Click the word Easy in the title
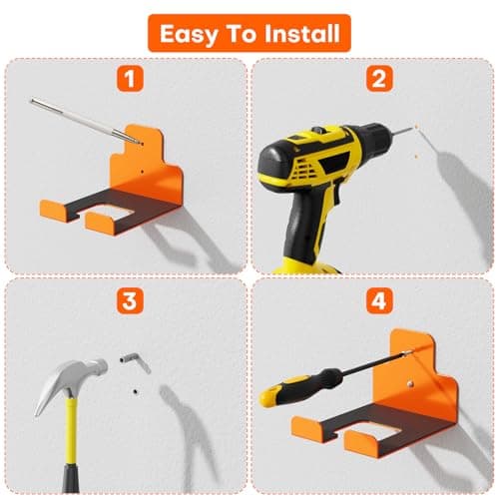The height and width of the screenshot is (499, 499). tap(189, 35)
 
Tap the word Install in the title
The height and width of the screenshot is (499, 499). tap(302, 34)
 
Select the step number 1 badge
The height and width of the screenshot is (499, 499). tap(130, 79)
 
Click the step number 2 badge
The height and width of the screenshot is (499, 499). tap(379, 79)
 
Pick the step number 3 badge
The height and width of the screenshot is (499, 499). tap(130, 301)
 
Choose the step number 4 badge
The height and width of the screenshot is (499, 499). tap(379, 301)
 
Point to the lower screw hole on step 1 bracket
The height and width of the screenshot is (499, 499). tap(142, 172)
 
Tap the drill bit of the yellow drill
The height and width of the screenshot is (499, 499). tap(400, 131)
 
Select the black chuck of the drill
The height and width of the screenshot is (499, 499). tap(371, 135)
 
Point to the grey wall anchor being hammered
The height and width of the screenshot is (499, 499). tap(136, 361)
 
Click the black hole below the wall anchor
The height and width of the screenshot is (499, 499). tap(136, 391)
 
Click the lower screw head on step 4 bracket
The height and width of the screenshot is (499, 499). tap(411, 384)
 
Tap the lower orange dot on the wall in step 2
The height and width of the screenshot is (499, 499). tap(416, 156)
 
